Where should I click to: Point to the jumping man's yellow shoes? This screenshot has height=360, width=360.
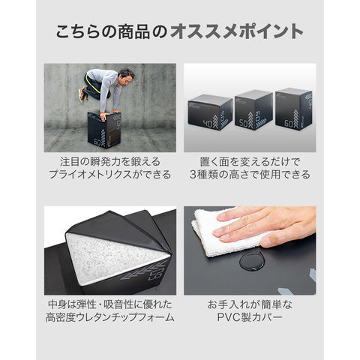pyautogui.click(x=82, y=94)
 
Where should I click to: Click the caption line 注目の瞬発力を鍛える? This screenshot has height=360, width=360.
pyautogui.click(x=109, y=161)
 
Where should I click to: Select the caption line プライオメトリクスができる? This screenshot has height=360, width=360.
pyautogui.click(x=109, y=176)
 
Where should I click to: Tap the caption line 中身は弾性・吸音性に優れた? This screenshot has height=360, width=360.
pyautogui.click(x=109, y=305)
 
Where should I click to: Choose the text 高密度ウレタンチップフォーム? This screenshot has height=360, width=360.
pyautogui.click(x=109, y=320)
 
